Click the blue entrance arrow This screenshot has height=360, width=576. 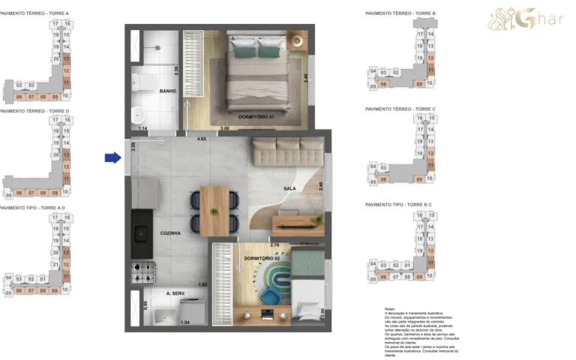pyautogui.click(x=112, y=157)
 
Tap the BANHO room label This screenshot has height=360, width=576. pyautogui.click(x=167, y=91)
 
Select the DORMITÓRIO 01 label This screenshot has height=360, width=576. pyautogui.click(x=256, y=117)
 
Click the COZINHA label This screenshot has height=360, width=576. pyautogui.click(x=171, y=233)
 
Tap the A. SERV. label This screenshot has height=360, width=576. pyautogui.click(x=176, y=294)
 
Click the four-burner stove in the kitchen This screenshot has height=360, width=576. pyautogui.click(x=142, y=271)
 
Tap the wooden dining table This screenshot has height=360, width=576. pyautogui.click(x=214, y=211)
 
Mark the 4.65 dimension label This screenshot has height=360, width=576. pyautogui.click(x=201, y=139)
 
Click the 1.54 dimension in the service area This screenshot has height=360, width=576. pyautogui.click(x=185, y=322)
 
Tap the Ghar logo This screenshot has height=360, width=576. pyautogui.click(x=525, y=19)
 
